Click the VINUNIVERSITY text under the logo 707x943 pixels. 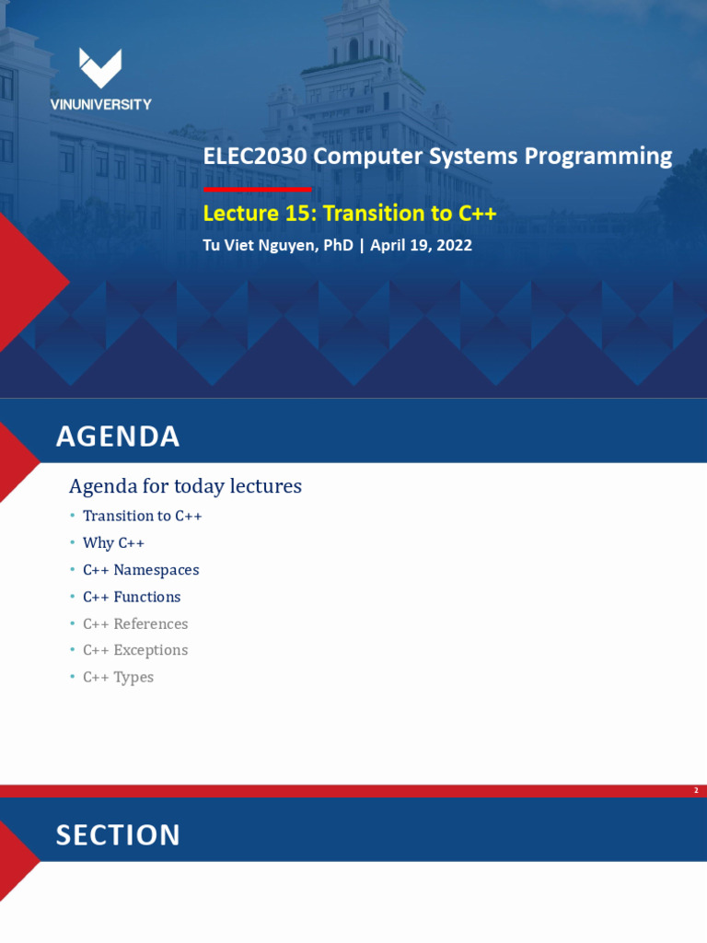point(100,105)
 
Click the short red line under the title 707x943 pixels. point(257,189)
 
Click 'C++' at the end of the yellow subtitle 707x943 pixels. point(476,214)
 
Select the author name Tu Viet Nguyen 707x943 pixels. point(277,246)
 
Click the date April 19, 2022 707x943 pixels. point(421,246)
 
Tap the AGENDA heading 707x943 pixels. point(118,437)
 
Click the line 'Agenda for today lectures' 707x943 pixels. point(185,486)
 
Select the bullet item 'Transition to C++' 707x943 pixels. point(142,516)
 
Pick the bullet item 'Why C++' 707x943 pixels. point(113,543)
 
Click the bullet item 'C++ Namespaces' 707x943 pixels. point(141,570)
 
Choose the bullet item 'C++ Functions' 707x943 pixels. point(132,597)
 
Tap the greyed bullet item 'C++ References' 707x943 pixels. point(135,623)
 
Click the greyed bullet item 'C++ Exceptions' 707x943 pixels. point(135,650)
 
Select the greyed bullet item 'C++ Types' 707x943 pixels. point(118,677)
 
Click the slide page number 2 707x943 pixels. point(696,790)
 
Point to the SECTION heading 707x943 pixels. point(118,835)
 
